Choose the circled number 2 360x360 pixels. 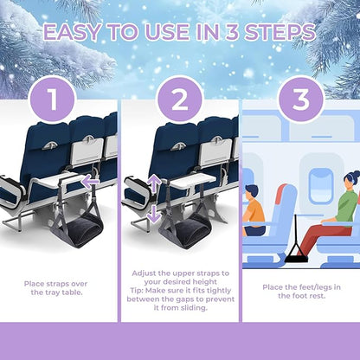[x=179, y=99]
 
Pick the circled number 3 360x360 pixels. [x=300, y=99]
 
